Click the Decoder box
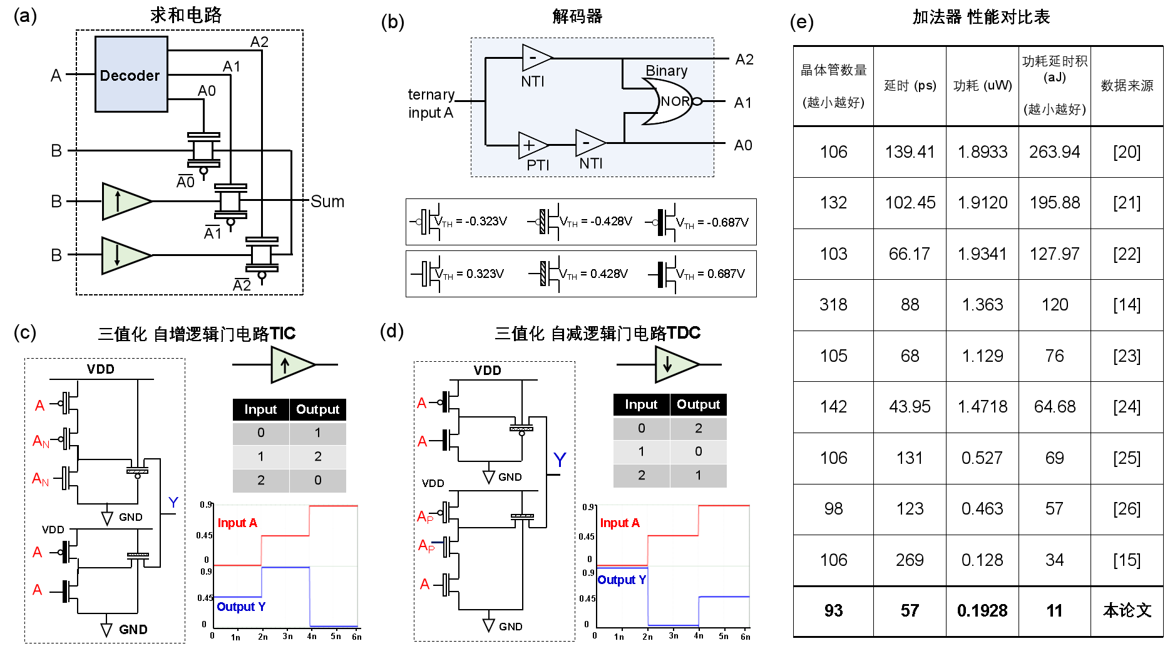131,74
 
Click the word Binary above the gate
666,71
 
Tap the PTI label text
538,165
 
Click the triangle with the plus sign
531,145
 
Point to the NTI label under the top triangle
532,81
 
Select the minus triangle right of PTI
588,143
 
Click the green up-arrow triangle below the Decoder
124,202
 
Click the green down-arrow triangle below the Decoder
123,255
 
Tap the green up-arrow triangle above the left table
290,365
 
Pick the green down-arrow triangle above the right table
674,364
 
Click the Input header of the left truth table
260,409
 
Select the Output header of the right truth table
698,404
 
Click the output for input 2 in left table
317,480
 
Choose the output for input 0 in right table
698,428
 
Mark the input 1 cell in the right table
641,451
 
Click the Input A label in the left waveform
237,523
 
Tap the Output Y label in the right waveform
622,580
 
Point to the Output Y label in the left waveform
241,607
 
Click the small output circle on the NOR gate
697,101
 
